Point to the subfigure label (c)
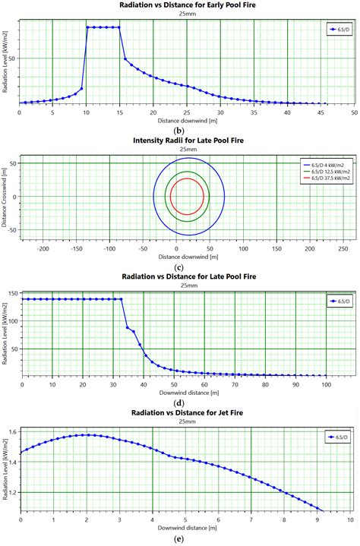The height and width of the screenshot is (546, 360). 181,267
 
